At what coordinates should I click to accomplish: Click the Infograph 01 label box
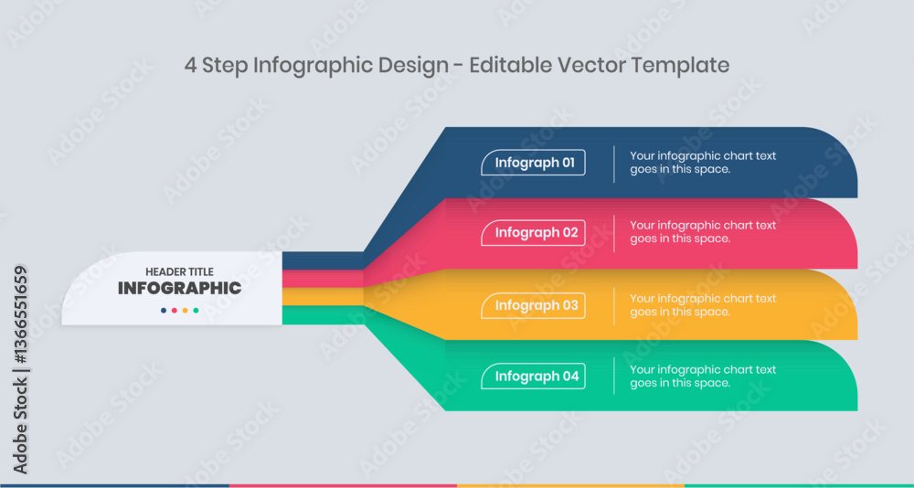(534, 163)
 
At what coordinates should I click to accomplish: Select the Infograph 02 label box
(534, 233)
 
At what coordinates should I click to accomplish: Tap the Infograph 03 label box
(534, 305)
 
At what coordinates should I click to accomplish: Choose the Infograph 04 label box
(534, 376)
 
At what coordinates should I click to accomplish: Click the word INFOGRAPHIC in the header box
(179, 289)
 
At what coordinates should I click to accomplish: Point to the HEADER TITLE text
(179, 271)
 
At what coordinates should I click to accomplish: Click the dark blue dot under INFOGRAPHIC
(164, 311)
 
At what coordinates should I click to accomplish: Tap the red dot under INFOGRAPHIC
(175, 311)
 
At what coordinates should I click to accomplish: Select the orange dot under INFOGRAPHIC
(186, 311)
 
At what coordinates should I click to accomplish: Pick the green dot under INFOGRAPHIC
(197, 311)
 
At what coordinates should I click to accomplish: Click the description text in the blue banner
(702, 163)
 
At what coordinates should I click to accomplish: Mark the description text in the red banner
(702, 232)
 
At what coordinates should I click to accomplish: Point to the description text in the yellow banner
(702, 305)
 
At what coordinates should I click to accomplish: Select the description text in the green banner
(702, 377)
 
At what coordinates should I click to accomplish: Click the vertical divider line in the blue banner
(614, 164)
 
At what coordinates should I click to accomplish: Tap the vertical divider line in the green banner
(614, 376)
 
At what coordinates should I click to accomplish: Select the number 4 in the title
(190, 65)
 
